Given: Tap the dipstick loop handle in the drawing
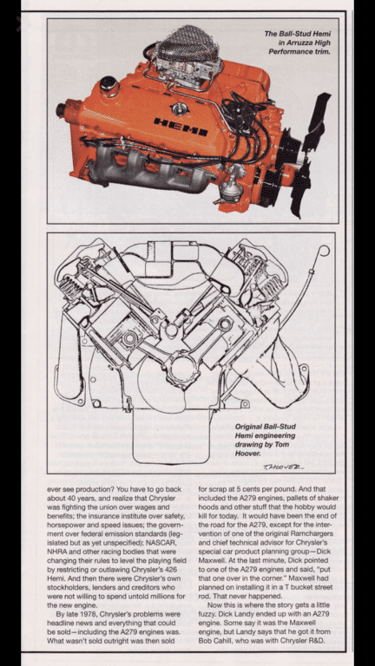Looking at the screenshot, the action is (x=324, y=251).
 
